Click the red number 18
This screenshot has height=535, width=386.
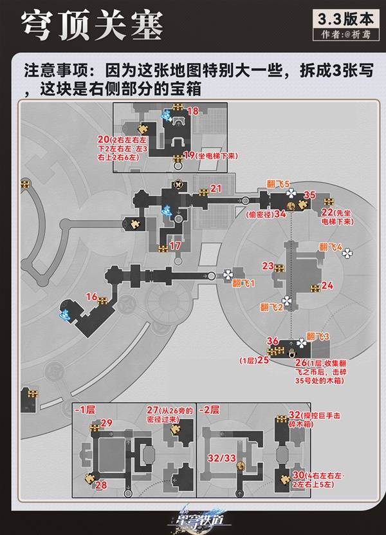click(x=192, y=111)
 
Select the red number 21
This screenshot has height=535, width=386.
click(x=216, y=188)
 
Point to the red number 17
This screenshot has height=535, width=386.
click(x=175, y=246)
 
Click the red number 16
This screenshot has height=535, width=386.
click(x=91, y=296)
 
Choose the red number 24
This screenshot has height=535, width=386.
click(x=327, y=285)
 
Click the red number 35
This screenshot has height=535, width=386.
click(x=309, y=194)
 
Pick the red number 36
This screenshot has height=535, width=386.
click(x=272, y=341)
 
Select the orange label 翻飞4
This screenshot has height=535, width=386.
click(x=330, y=247)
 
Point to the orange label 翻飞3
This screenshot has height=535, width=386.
click(x=318, y=336)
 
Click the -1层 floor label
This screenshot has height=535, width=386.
click(x=85, y=409)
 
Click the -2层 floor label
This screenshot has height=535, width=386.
click(x=209, y=409)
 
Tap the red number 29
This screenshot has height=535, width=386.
click(x=107, y=422)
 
